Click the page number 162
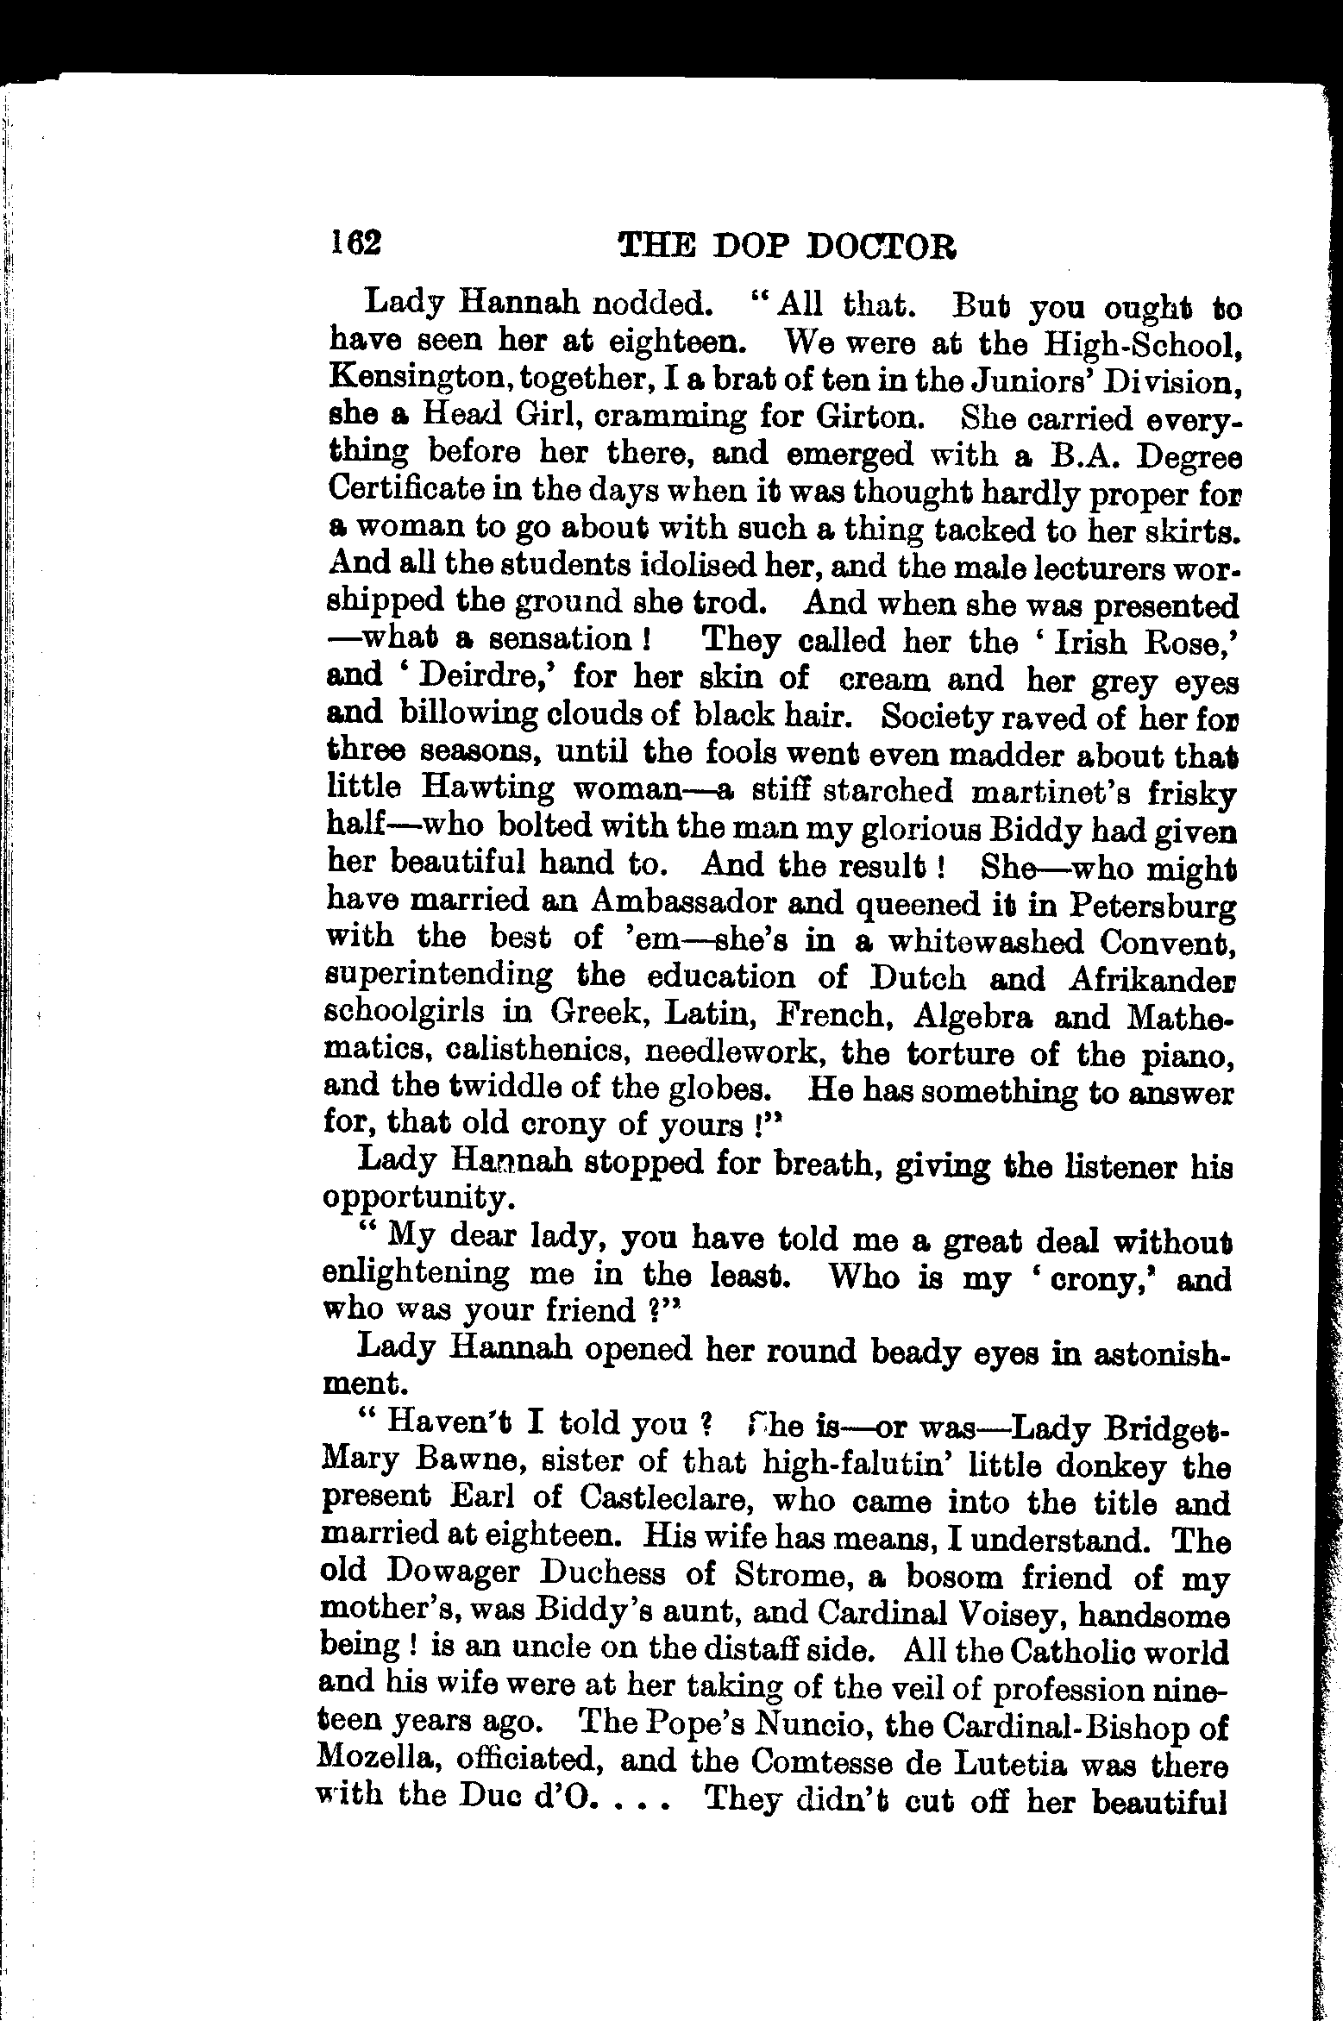(354, 244)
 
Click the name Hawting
(489, 788)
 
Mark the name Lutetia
(998, 1762)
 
